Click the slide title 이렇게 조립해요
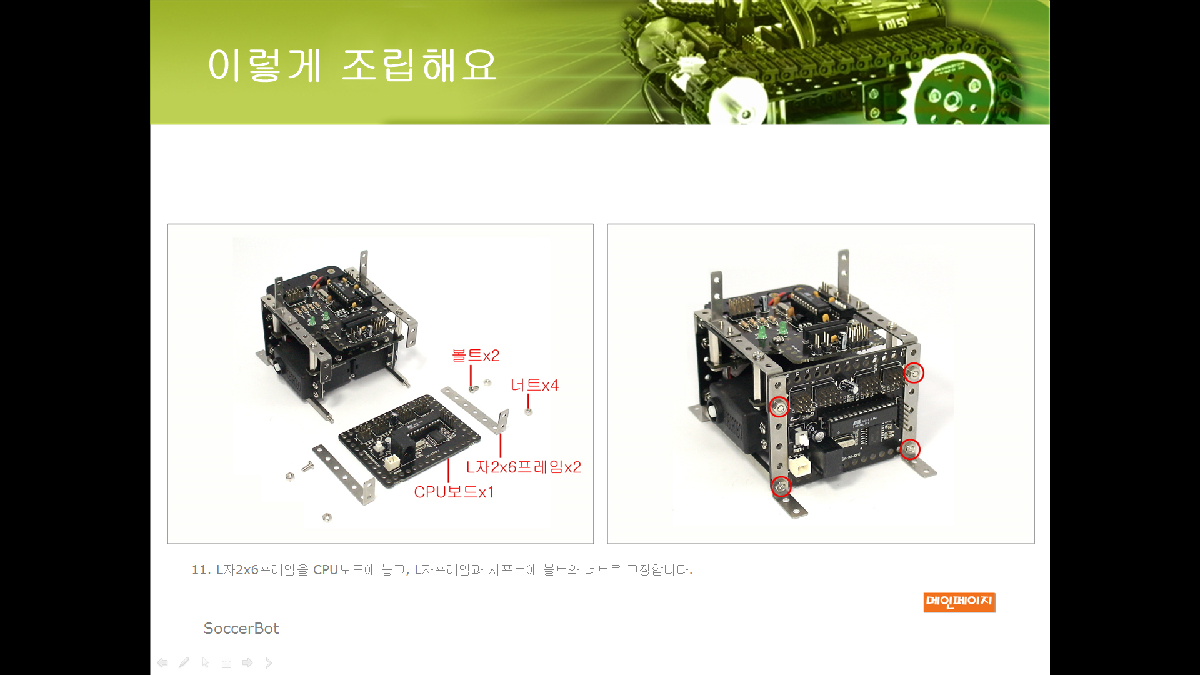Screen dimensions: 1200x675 click(x=352, y=65)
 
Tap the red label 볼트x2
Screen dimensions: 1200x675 click(x=476, y=356)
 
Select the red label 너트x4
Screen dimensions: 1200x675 click(x=534, y=385)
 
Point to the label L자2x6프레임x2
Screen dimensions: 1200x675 click(x=524, y=467)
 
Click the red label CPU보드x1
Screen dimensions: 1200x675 click(x=454, y=492)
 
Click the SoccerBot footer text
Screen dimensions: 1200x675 click(x=241, y=628)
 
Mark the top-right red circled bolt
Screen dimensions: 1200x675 click(x=914, y=373)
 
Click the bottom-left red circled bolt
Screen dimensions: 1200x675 click(x=781, y=486)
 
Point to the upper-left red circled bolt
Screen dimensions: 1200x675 click(x=779, y=407)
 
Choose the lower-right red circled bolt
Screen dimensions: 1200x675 click(x=910, y=449)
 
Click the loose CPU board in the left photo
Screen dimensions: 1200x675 click(x=409, y=441)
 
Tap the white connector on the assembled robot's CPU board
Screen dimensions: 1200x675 click(x=798, y=466)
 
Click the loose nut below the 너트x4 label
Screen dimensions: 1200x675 click(x=529, y=411)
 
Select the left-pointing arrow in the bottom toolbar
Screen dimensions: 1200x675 click(x=162, y=662)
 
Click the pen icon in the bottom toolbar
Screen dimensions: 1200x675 click(x=184, y=662)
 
